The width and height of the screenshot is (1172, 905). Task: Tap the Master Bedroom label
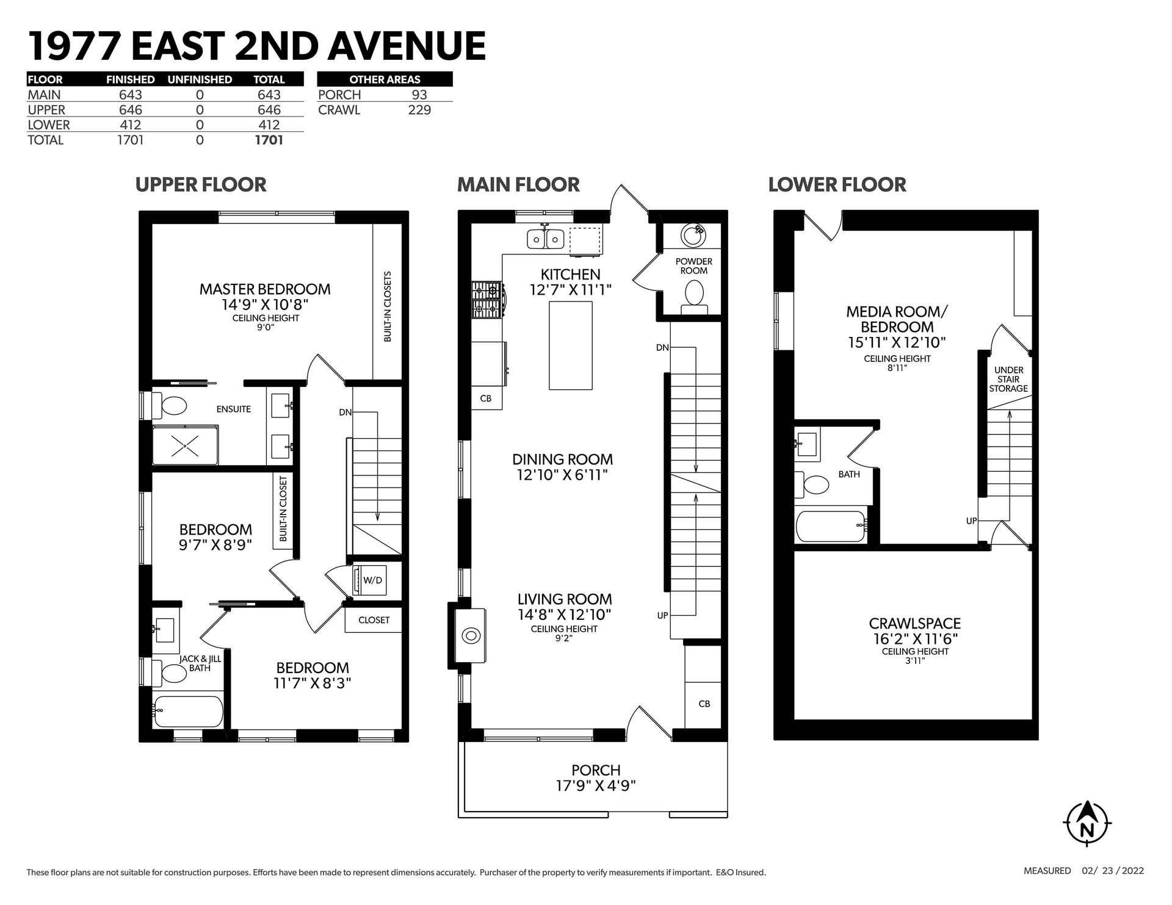[265, 289]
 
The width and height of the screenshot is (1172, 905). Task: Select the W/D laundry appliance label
[372, 580]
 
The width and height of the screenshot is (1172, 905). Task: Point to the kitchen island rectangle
[571, 345]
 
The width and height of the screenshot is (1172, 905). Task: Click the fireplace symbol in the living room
[471, 636]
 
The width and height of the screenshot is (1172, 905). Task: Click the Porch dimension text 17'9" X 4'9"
[596, 785]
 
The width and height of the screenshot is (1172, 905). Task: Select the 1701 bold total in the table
[269, 140]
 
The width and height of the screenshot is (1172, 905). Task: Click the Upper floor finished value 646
[131, 110]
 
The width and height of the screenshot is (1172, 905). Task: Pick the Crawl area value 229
[419, 110]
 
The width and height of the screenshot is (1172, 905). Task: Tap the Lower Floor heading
[837, 184]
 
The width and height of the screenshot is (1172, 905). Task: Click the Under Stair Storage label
[1008, 379]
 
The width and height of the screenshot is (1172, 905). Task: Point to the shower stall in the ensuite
[185, 447]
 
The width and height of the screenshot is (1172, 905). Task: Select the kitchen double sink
[545, 237]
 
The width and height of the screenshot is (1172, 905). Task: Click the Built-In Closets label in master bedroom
[388, 306]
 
